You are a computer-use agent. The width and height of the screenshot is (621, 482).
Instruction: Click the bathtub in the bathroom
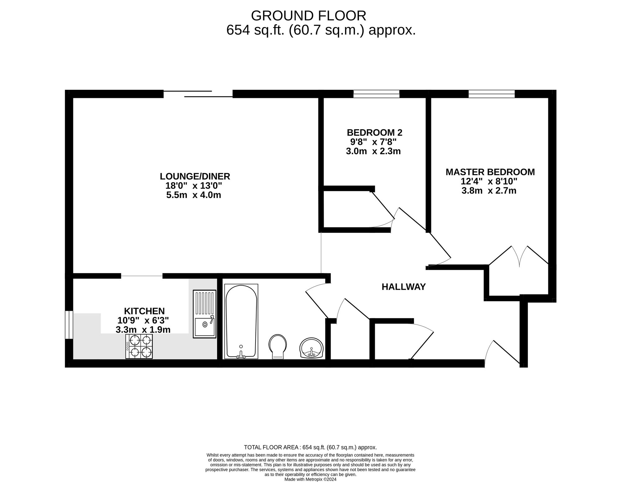click(241, 321)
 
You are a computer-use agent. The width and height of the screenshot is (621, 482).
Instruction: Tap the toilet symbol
click(277, 347)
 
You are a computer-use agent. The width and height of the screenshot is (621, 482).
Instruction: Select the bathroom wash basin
click(312, 348)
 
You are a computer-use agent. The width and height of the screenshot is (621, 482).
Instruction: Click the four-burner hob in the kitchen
click(139, 347)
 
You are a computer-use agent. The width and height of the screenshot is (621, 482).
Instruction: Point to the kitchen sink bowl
click(205, 328)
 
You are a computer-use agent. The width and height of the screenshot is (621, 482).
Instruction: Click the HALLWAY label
click(403, 287)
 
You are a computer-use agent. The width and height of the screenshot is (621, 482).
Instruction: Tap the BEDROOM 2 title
click(374, 133)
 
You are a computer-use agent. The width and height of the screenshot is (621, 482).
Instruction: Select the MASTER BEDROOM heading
click(490, 172)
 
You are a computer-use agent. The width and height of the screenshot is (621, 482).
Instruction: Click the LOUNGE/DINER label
click(195, 177)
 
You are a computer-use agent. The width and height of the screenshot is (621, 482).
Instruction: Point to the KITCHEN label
click(144, 311)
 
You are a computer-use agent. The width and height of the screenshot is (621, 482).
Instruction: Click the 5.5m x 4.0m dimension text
click(194, 195)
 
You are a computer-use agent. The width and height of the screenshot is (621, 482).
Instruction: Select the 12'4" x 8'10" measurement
click(489, 181)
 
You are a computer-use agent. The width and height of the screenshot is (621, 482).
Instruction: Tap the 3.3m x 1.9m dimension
click(143, 330)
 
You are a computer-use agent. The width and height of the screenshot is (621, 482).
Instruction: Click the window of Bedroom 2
click(376, 94)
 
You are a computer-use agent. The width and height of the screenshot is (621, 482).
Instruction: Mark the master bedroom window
click(492, 94)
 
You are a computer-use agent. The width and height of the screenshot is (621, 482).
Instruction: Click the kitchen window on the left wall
click(69, 325)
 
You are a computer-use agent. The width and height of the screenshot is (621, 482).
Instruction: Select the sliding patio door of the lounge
click(198, 94)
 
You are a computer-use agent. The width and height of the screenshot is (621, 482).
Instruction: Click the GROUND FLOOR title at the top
click(308, 16)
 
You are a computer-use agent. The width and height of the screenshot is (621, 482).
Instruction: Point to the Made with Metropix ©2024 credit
click(310, 479)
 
